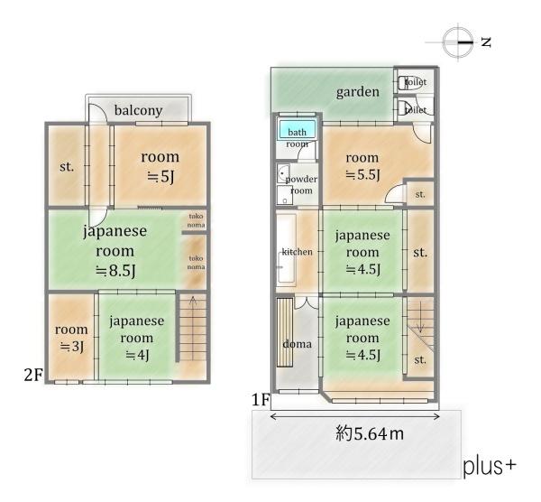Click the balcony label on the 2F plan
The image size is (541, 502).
(138, 110)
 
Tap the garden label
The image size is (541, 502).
(357, 92)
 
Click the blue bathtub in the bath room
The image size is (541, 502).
(297, 129)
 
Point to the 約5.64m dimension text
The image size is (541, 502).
(369, 433)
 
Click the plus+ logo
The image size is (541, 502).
(490, 467)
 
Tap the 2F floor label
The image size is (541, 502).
(33, 374)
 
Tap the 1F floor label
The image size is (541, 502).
(261, 400)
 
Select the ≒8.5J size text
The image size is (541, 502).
(115, 270)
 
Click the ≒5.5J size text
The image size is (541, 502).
(362, 174)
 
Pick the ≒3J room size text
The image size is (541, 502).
(71, 346)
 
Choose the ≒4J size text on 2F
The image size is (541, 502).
(137, 355)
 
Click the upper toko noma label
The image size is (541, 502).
(196, 220)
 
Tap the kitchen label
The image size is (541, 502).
(297, 252)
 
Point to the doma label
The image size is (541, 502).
(297, 344)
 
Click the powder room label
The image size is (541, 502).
(301, 185)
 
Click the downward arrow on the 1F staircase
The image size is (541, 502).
(420, 317)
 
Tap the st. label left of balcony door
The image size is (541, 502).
(67, 167)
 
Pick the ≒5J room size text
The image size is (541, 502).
(160, 177)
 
